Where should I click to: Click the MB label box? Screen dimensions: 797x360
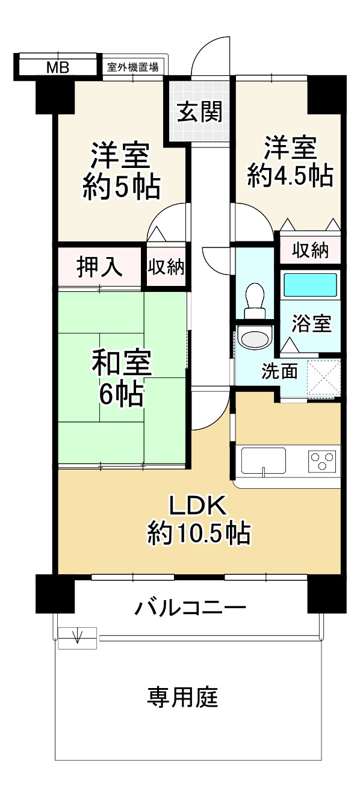point(58,66)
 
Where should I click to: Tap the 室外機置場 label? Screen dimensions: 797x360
point(132,67)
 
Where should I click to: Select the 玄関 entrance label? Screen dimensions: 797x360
point(199,111)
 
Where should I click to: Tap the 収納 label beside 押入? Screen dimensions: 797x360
point(167,267)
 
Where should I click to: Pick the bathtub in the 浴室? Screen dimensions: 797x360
point(310,285)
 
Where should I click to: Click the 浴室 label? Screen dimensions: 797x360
point(311,323)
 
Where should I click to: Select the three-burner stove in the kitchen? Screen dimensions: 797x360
point(323,461)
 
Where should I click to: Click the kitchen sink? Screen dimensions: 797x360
point(264,461)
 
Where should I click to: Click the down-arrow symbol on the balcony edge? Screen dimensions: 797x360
point(77,636)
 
